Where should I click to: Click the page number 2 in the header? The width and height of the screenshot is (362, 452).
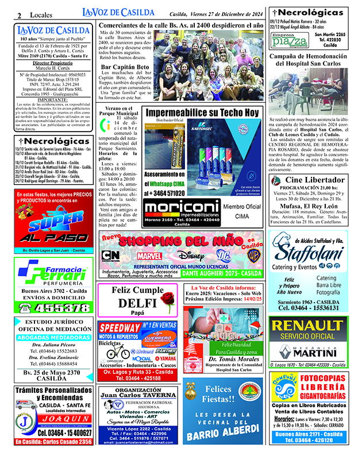[20, 14]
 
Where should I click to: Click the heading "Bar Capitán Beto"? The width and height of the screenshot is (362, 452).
[124, 68]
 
